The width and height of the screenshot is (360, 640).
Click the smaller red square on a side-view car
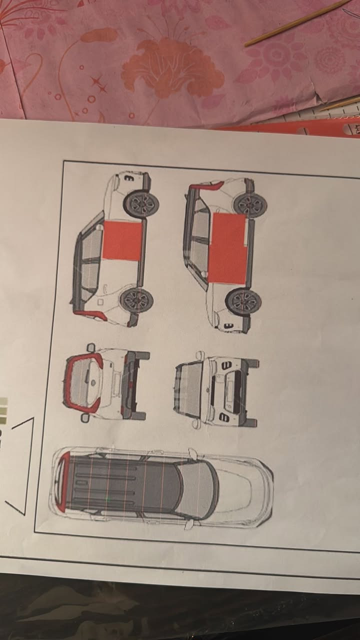[x=123, y=240]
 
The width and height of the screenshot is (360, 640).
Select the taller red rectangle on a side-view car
[x=227, y=248]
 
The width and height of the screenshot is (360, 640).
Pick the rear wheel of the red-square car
[x=136, y=300]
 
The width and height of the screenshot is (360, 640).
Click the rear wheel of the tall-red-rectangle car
[x=249, y=204]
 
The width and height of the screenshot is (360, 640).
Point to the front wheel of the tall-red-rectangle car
[x=243, y=301]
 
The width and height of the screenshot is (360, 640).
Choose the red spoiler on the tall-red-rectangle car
[x=205, y=186]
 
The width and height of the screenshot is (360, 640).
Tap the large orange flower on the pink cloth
[x=172, y=67]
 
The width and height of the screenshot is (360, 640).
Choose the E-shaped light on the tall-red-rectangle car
[x=228, y=326]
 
